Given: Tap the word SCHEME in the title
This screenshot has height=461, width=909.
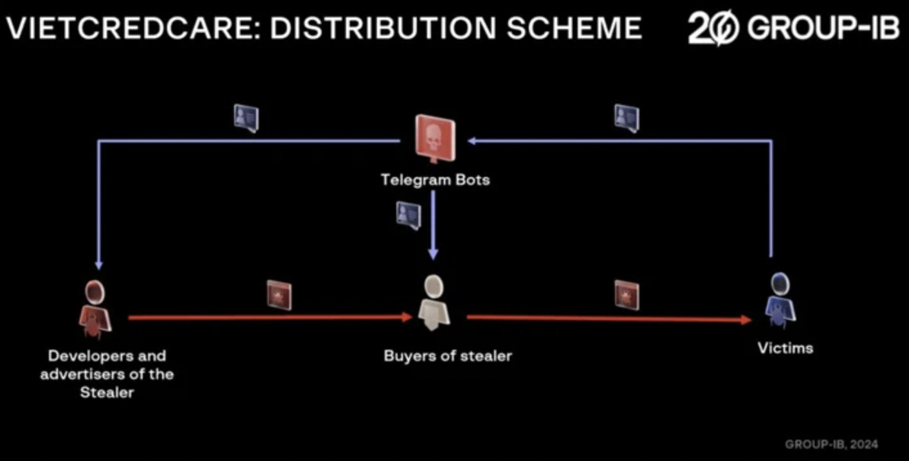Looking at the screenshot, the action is click(574, 28).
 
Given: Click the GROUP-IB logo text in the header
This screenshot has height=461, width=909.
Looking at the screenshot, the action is click(823, 28).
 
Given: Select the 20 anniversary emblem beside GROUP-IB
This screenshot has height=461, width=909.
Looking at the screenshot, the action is click(714, 28).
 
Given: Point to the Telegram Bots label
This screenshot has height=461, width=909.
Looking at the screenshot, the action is click(436, 180).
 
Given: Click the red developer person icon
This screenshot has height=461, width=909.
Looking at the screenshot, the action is click(95, 309).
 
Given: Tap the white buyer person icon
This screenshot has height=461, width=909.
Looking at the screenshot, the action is click(434, 303).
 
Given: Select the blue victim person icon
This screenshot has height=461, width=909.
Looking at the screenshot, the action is click(780, 300).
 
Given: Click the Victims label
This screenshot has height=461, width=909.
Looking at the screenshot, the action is click(785, 348).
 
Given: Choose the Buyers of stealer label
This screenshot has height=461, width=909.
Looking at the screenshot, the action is click(448, 356).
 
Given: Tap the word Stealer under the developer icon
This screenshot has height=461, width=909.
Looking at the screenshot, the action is click(107, 392).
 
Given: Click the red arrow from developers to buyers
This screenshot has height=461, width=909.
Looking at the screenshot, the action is click(270, 317).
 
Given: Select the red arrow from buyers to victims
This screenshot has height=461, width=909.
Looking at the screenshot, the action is click(609, 319).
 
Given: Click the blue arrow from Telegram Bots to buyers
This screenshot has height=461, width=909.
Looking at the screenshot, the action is click(434, 225).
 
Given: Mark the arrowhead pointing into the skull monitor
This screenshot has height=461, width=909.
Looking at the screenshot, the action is click(472, 141).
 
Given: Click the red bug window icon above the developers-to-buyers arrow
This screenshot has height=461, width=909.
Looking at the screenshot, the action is click(279, 296).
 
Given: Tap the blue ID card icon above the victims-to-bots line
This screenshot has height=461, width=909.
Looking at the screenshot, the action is click(627, 118).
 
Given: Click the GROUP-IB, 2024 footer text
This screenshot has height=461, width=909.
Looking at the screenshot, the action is click(832, 444).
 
